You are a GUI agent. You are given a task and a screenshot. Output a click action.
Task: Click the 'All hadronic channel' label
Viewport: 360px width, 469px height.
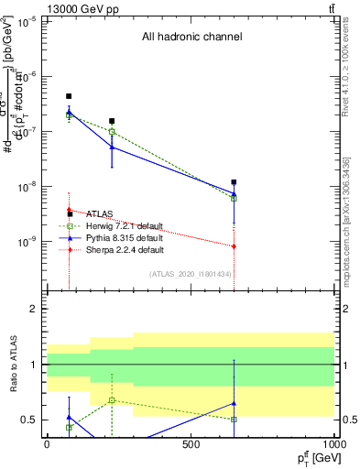pyautogui.click(x=191, y=38)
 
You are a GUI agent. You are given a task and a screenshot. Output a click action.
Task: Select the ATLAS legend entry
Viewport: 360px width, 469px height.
pyautogui.click(x=101, y=214)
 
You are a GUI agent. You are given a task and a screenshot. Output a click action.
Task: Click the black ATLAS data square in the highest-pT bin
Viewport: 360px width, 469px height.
pyautogui.click(x=235, y=182)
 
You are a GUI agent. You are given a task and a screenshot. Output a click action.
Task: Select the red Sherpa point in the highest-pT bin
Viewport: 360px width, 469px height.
pyautogui.click(x=235, y=246)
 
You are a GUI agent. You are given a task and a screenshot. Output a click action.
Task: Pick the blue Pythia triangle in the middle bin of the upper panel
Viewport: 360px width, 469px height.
pyautogui.click(x=112, y=147)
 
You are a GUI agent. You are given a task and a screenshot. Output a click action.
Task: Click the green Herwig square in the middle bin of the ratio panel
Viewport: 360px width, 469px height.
pyautogui.click(x=112, y=400)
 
